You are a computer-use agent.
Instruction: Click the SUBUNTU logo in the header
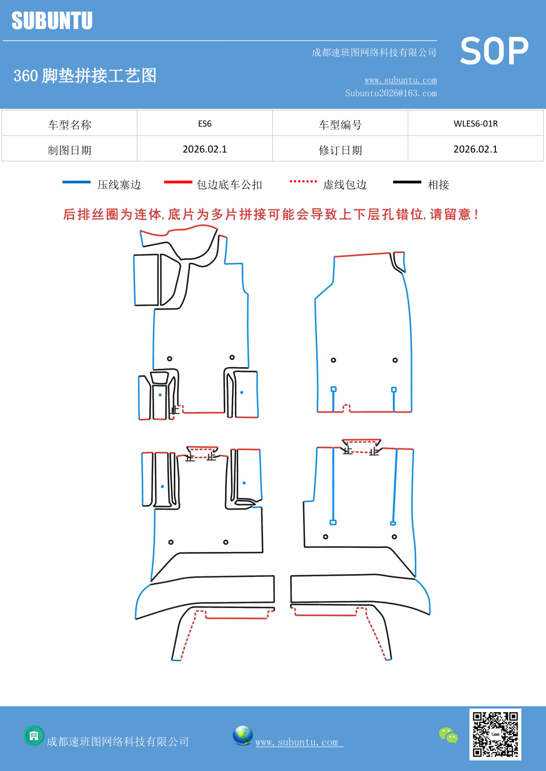(52, 21)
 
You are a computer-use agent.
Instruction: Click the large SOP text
(494, 51)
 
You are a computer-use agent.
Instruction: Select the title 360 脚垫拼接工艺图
(85, 76)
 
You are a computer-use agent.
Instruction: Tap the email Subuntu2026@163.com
(391, 93)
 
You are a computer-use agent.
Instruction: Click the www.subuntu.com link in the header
(400, 80)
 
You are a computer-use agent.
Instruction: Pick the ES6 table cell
(205, 124)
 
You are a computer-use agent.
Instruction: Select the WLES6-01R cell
(476, 124)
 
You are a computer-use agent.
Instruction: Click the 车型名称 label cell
(70, 124)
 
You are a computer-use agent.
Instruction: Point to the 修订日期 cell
(340, 150)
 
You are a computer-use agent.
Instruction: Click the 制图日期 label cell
(70, 150)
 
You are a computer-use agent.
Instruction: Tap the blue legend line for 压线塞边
(76, 182)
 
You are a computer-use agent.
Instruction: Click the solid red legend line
(178, 182)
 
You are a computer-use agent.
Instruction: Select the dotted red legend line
(303, 181)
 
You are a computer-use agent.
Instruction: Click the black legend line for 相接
(407, 182)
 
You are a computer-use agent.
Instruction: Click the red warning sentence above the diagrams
(271, 215)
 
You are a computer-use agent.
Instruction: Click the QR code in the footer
(495, 734)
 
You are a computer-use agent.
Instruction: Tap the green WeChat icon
(448, 735)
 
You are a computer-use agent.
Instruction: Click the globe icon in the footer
(242, 735)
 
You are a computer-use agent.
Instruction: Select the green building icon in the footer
(34, 735)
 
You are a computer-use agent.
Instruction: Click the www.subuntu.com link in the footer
(297, 742)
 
